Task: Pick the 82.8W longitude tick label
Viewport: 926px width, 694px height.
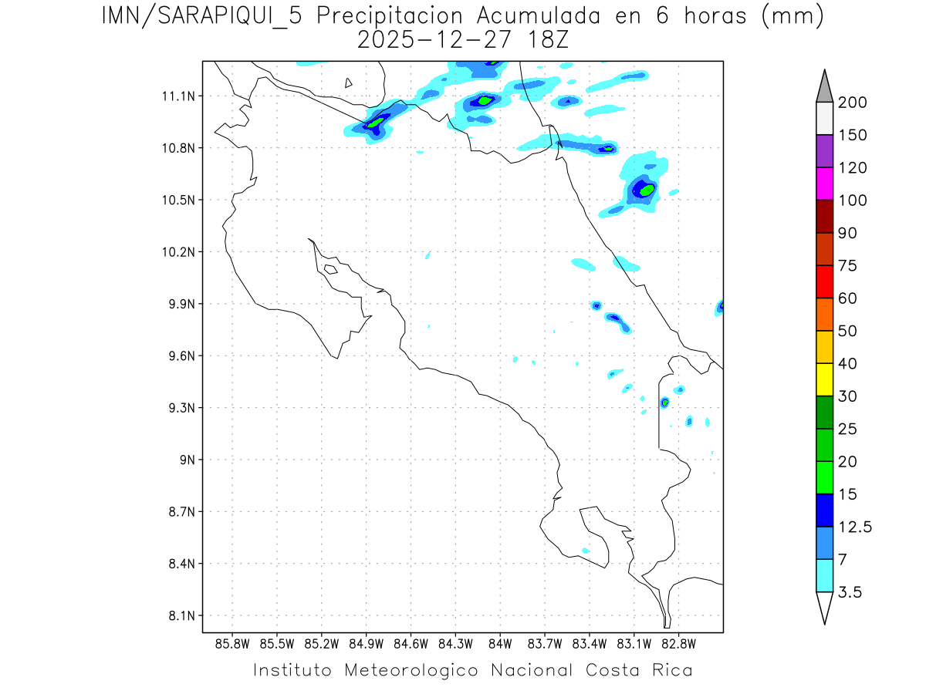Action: (x=678, y=643)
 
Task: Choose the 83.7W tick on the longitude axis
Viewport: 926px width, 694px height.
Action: (x=545, y=643)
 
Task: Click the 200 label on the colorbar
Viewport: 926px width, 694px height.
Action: (x=852, y=103)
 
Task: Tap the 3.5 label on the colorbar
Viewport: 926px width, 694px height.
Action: (x=849, y=592)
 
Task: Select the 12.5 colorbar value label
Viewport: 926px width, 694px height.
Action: (x=854, y=527)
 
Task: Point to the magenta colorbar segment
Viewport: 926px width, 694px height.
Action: (x=824, y=184)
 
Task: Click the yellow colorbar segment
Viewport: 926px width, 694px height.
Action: (x=824, y=379)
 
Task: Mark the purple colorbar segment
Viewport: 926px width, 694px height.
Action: (x=824, y=152)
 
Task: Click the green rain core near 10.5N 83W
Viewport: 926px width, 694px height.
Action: (x=647, y=189)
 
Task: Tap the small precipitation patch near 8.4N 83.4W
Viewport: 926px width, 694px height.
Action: (x=585, y=551)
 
